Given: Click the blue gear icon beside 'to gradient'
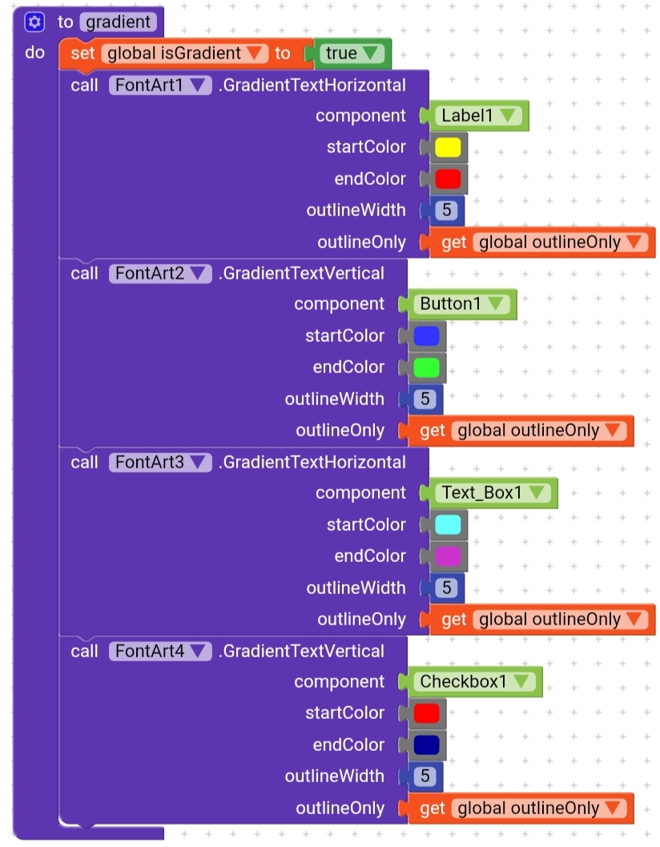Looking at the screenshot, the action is coord(34,22).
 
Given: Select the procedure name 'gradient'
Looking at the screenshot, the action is coord(119,22).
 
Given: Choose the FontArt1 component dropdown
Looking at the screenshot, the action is coord(160,86).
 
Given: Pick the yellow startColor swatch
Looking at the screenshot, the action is coord(448,147).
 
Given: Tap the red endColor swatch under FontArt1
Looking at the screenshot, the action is coord(448,179).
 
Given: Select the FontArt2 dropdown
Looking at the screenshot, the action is coord(160,274).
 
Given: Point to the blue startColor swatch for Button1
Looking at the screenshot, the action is coord(426,336).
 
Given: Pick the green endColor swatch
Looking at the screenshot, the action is coord(426,368).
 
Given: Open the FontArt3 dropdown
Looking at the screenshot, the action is coord(160,463).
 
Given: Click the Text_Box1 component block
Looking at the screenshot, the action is coord(493,492).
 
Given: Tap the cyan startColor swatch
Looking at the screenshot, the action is coord(448,524).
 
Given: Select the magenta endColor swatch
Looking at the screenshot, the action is coord(448,556).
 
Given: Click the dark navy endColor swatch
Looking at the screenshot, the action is coord(426,745).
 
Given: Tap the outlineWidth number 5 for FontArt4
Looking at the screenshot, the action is coord(425,777).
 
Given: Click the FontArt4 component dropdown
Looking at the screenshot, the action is coord(160,652).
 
